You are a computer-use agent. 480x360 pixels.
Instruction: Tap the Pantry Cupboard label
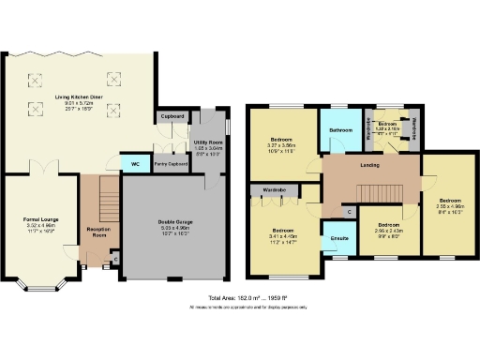coord(171,164)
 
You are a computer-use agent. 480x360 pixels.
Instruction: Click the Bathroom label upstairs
coord(339,129)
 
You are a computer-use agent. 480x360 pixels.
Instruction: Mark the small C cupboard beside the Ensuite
coord(349,213)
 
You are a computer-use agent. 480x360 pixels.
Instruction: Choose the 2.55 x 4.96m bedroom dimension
coord(451,205)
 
